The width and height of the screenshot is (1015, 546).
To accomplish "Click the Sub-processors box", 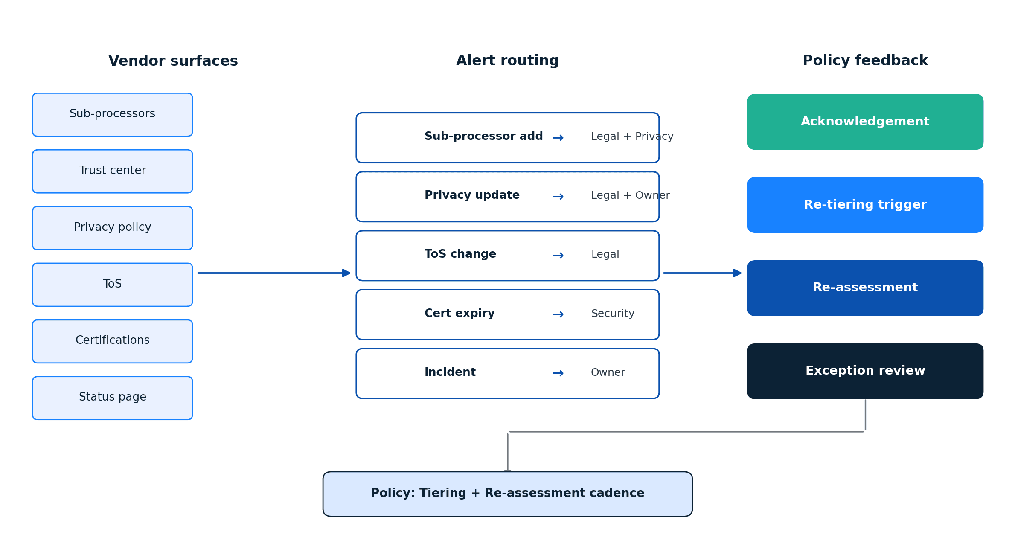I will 112,114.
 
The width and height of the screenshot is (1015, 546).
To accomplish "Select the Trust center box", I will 112,171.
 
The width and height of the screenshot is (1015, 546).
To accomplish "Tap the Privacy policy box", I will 112,228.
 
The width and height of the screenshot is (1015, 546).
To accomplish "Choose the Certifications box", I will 112,341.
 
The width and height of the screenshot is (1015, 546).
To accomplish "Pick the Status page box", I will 112,398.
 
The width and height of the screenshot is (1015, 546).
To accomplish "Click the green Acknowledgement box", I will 865,122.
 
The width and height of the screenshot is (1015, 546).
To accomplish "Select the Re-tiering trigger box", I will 865,205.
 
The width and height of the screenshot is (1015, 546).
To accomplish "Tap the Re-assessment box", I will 865,288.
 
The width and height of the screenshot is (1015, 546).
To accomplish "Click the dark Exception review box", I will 865,371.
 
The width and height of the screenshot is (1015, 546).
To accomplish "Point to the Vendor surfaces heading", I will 173,61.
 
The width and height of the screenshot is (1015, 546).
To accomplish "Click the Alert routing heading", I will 507,61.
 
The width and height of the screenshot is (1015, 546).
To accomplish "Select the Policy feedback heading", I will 865,61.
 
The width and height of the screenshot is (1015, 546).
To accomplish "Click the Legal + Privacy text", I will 632,136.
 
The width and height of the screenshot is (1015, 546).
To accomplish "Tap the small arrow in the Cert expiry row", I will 558,314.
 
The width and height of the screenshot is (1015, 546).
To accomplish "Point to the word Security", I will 613,314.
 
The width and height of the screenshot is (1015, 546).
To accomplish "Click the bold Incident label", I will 450,372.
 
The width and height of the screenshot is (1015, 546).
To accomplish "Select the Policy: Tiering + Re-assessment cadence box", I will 507,494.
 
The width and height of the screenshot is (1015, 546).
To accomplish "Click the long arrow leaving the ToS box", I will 273,273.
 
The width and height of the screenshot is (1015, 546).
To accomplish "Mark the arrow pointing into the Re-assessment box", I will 702,273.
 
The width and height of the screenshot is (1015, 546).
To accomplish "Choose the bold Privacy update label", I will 472,195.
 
